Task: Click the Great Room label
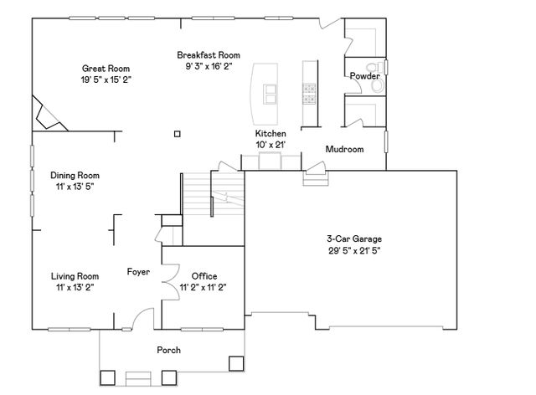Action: [x=105, y=69]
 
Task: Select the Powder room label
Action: [x=365, y=76]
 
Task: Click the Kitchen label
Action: [x=271, y=134]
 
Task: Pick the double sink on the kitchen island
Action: [x=272, y=94]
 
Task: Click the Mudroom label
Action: [x=344, y=150]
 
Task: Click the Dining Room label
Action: [x=75, y=176]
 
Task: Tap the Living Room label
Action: [x=75, y=276]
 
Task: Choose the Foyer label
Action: [x=138, y=271]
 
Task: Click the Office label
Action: [x=204, y=276]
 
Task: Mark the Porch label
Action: [x=168, y=350]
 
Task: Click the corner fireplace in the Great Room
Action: [x=47, y=114]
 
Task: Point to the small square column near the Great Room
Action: [x=176, y=132]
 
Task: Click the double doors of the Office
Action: [x=167, y=277]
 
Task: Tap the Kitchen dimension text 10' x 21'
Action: [x=271, y=145]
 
